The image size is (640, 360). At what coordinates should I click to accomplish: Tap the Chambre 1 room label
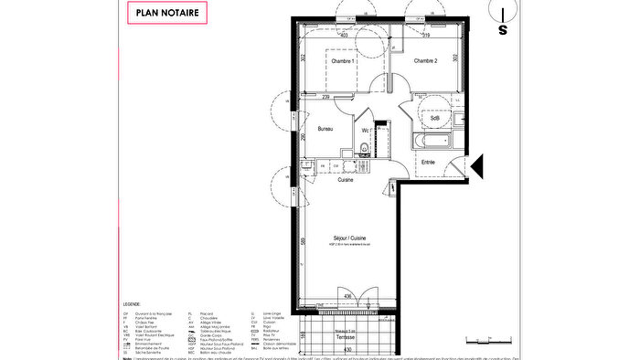click(x=343, y=60)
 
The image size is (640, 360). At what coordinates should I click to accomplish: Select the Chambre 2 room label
click(x=425, y=60)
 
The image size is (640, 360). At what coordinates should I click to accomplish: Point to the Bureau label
click(x=325, y=129)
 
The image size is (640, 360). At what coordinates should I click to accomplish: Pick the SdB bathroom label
click(x=435, y=118)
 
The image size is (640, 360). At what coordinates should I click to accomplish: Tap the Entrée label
click(x=427, y=163)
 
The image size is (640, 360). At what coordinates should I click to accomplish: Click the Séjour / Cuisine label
click(x=350, y=238)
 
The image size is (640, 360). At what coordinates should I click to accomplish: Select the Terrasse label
click(x=347, y=336)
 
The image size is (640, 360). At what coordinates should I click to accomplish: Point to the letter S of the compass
click(x=502, y=29)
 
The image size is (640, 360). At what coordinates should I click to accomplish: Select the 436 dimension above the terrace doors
click(x=347, y=295)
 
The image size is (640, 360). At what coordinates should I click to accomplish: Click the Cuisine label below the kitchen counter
click(x=346, y=179)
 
